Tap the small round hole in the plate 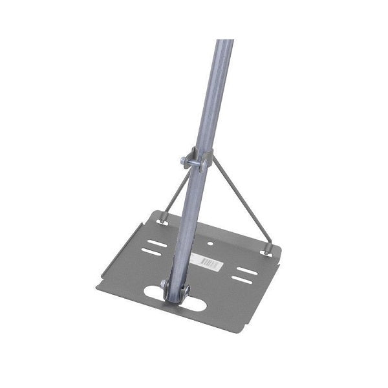coord(211,244)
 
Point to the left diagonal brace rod coord(173,190)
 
